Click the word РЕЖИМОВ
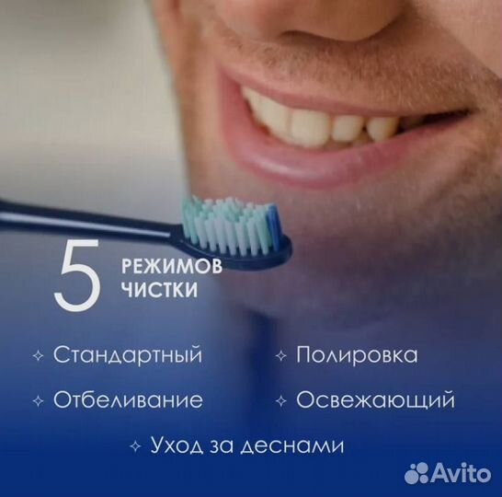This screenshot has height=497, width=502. click(157, 266)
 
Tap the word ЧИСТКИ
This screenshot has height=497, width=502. click(149, 291)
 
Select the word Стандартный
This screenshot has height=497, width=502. click(127, 355)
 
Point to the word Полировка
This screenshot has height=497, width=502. click(356, 355)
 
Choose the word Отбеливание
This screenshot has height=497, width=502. click(128, 401)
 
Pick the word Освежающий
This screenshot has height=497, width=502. click(375, 401)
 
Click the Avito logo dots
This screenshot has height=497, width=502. click(419, 473)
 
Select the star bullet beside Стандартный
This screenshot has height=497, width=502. click(38, 356)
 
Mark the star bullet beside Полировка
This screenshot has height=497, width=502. click(280, 356)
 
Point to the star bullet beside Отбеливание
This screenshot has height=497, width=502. click(38, 401)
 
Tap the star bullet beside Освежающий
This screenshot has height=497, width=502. click(280, 401)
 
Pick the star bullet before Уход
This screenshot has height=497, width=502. click(135, 446)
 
